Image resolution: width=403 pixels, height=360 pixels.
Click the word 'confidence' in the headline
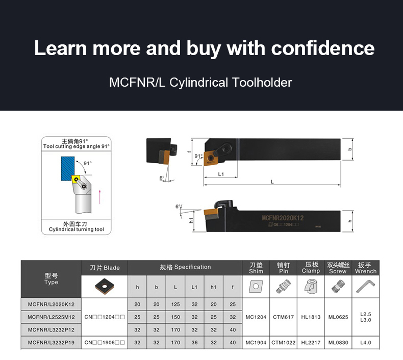click(x=322, y=48)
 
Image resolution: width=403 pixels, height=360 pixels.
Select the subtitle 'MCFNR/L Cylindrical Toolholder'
click(x=200, y=82)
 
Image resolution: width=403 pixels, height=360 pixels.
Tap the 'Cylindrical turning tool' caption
click(x=76, y=229)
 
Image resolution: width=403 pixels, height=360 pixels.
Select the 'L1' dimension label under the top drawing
click(x=221, y=174)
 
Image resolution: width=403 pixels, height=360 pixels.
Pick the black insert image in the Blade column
click(x=105, y=287)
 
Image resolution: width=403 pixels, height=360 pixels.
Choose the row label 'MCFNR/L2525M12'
click(x=51, y=317)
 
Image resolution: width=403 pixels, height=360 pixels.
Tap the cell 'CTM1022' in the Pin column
click(x=284, y=343)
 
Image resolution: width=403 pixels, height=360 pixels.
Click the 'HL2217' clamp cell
click(x=311, y=343)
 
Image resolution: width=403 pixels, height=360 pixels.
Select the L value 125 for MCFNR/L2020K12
click(x=175, y=304)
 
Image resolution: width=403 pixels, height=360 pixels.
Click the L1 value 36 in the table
click(x=194, y=343)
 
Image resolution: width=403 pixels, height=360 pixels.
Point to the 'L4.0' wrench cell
click(x=366, y=343)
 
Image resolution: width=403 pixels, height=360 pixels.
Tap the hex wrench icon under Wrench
click(x=366, y=288)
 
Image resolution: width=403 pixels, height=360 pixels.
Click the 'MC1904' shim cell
click(x=256, y=343)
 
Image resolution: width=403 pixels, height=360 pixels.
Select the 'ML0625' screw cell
click(x=338, y=317)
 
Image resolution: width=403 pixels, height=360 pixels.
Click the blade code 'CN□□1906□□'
click(x=105, y=343)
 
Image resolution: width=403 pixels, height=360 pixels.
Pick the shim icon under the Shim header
click(x=256, y=288)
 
